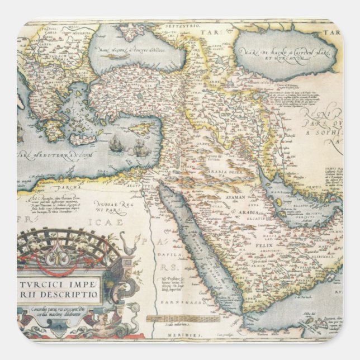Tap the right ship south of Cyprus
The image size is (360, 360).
click(141, 149)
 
